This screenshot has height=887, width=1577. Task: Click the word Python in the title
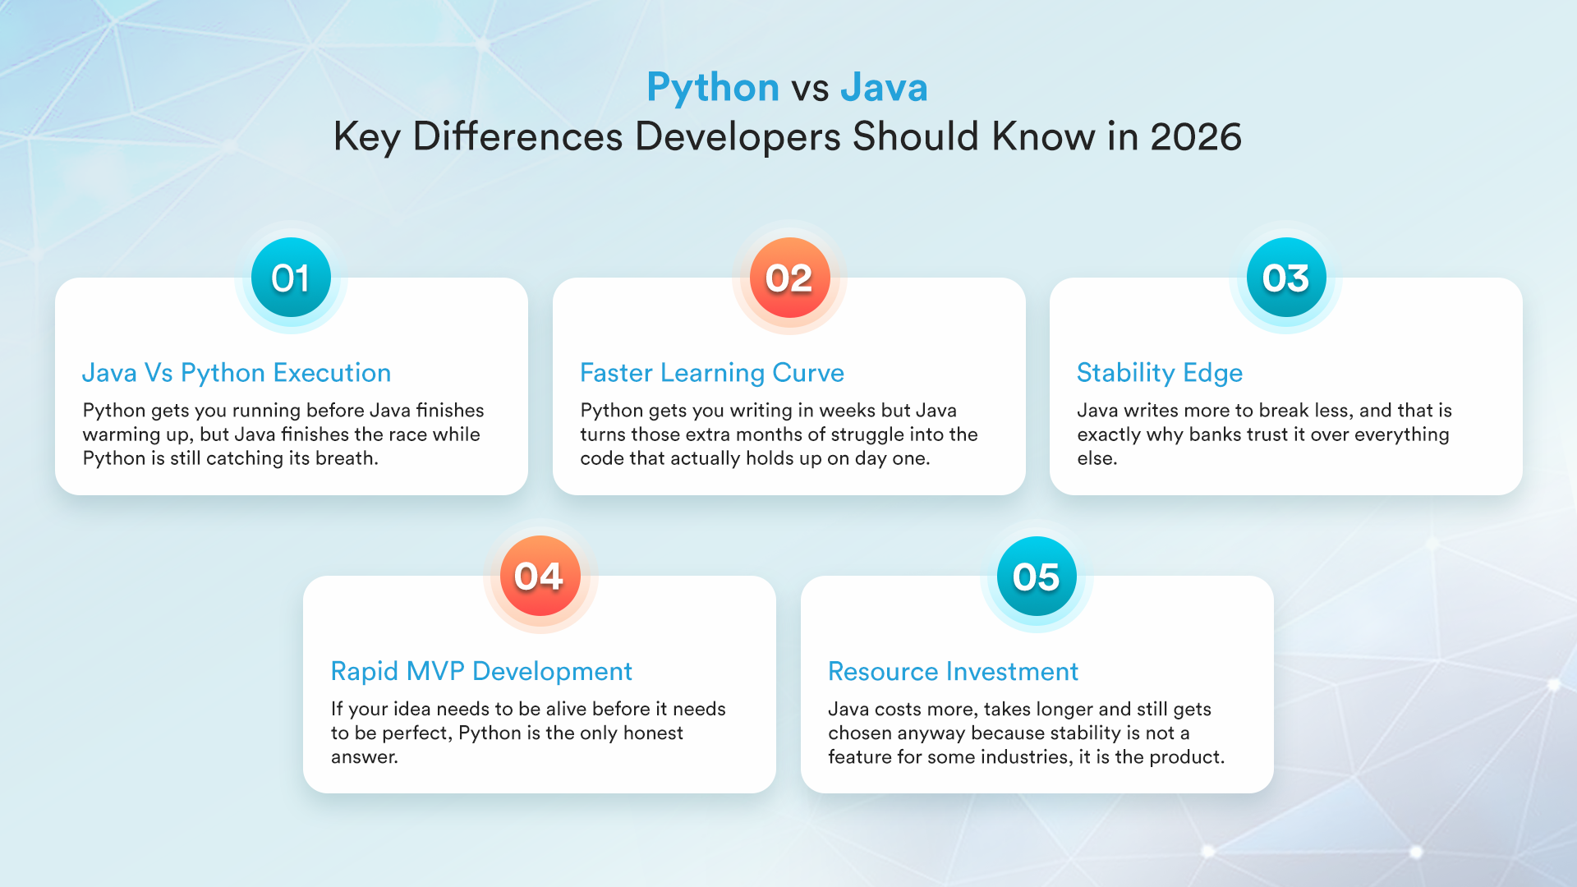coord(712,88)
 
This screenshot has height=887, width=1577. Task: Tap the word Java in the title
coord(884,88)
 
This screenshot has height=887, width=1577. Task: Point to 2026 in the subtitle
coord(1195,136)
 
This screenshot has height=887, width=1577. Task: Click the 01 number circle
coord(291,278)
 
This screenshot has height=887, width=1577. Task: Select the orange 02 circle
coord(788,278)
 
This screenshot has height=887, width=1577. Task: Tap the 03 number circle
coord(1285,278)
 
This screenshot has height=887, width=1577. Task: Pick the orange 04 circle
coord(540,576)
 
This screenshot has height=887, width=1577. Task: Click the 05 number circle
coord(1037,576)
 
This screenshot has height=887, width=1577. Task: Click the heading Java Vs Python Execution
coord(237,373)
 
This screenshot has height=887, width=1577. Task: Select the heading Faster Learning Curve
coord(711,373)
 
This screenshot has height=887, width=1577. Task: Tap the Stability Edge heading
coord(1159,373)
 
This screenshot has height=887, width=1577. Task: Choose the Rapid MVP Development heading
coord(481,671)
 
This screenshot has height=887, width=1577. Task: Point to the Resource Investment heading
coord(953,671)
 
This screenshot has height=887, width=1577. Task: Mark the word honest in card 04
coord(653,733)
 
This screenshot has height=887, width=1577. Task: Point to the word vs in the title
coord(810,88)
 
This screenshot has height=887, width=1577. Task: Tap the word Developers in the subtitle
coord(738,136)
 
